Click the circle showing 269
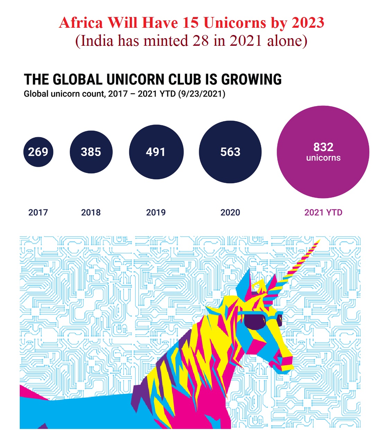coord(38,152)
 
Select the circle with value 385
coord(91,152)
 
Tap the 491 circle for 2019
coord(156,152)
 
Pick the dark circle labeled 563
coord(230,152)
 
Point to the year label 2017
coord(38,212)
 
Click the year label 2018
coord(91,212)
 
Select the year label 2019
coord(156,212)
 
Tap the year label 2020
coord(230,212)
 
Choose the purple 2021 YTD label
coord(323,212)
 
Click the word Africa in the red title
coord(81,23)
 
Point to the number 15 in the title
coord(190,23)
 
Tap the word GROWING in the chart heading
coord(251,80)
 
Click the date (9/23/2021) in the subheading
coord(202,94)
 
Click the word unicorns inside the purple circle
coord(323,158)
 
